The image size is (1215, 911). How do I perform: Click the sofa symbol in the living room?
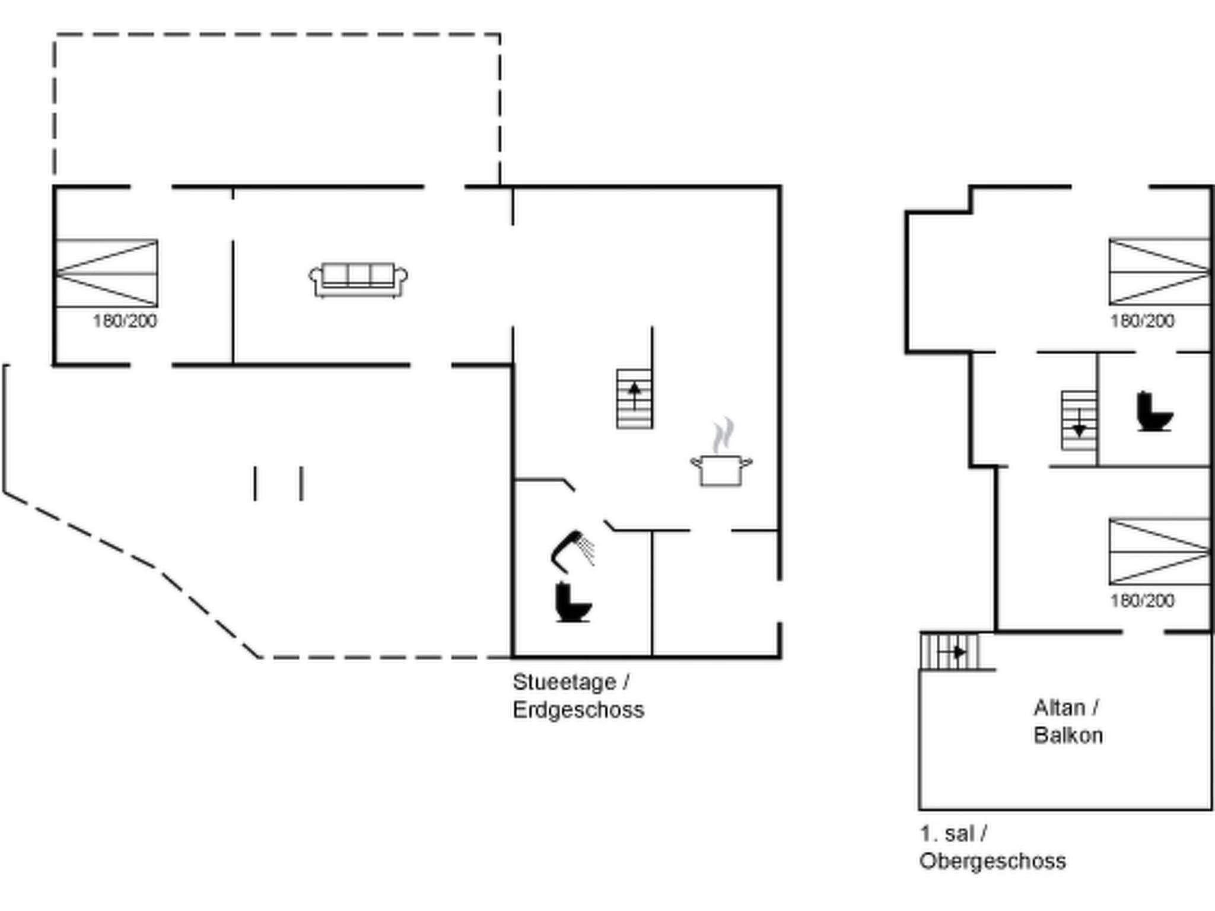point(358,279)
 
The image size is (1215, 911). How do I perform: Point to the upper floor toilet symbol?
point(1154,412)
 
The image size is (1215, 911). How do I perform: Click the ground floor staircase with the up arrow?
point(634,399)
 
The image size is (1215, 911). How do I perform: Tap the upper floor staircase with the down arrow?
point(1079,420)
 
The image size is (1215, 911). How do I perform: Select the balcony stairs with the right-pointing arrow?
point(949,651)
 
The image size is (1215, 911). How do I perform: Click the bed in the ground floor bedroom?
point(107,273)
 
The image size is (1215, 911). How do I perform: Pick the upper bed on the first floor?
point(1159,272)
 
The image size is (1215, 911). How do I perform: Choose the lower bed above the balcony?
point(1159,552)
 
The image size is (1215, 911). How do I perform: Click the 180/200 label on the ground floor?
point(125,321)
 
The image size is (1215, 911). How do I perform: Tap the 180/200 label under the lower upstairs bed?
point(1142,601)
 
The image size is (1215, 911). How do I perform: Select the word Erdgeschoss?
point(578,710)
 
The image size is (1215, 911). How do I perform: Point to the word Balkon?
point(1068,735)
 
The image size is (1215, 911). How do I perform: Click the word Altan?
point(1060,708)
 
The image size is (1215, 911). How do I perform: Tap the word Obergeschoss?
point(993,861)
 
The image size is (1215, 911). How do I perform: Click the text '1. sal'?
point(947,833)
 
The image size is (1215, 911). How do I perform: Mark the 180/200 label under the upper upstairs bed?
point(1142,321)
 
